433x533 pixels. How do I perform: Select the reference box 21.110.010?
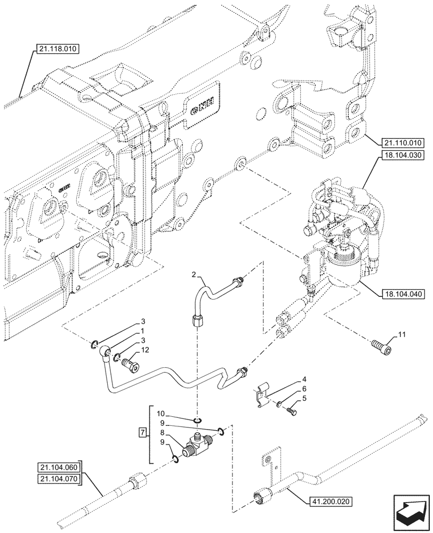pyautogui.click(x=402, y=142)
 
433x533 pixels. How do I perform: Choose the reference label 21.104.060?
pyautogui.click(x=58, y=468)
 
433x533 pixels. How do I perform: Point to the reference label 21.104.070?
pyautogui.click(x=58, y=479)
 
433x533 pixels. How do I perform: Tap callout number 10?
pyautogui.click(x=160, y=413)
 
